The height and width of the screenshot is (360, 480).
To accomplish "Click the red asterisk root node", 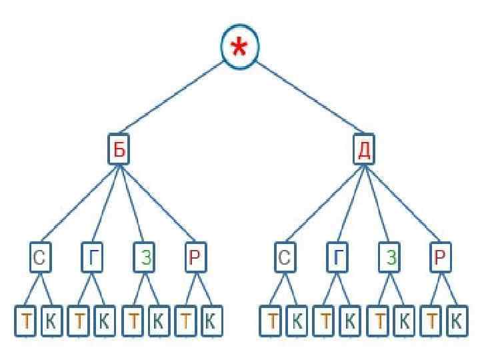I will (x=240, y=47).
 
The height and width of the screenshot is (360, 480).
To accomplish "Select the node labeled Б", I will (x=118, y=149).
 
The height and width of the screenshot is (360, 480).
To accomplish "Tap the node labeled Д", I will (x=364, y=149).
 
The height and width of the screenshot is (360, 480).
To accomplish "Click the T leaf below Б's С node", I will (x=26, y=321).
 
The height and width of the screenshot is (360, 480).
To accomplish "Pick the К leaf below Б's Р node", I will (x=210, y=321).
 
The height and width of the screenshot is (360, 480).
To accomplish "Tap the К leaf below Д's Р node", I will (x=455, y=321).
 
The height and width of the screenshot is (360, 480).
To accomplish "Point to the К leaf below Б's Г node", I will (x=103, y=321).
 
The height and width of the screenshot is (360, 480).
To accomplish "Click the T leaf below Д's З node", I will (x=379, y=321).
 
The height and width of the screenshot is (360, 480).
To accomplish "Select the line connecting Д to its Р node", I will (x=401, y=203).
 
